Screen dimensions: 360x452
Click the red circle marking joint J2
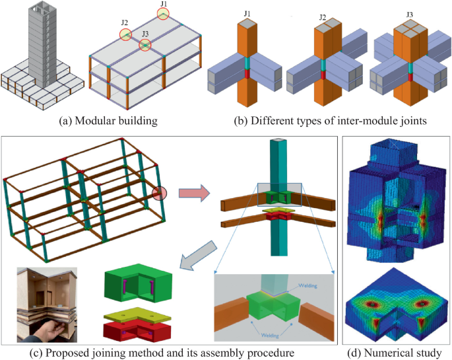(125, 35)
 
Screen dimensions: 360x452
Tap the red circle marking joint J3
(145, 45)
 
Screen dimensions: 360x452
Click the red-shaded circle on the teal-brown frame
(160, 193)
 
